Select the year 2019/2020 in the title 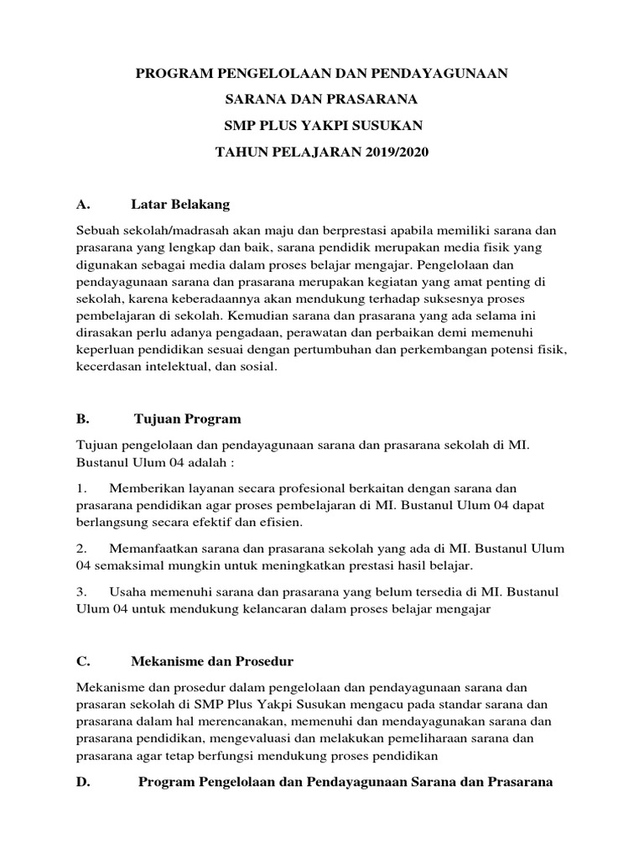click(378, 153)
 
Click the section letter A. click(81, 204)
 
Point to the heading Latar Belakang click(180, 204)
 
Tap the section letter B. click(81, 418)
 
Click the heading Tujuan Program click(188, 418)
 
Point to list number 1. click(81, 488)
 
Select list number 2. click(81, 548)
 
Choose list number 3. click(81, 591)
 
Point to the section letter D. click(82, 781)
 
